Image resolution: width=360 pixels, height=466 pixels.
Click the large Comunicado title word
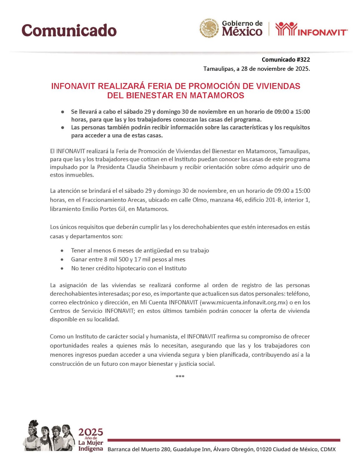(x=69, y=30)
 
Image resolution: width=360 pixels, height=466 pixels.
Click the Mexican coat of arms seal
(x=209, y=28)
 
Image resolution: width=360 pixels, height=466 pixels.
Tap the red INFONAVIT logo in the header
(x=311, y=29)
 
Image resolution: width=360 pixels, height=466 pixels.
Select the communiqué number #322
(x=303, y=60)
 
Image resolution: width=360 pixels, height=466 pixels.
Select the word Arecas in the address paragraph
(x=137, y=200)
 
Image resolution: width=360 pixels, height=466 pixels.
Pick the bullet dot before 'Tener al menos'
(x=62, y=251)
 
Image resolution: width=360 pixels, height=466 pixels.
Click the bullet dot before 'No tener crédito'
(x=62, y=269)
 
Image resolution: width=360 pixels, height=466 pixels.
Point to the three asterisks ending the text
(x=180, y=377)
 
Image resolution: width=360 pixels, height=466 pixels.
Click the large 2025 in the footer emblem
(x=91, y=432)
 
